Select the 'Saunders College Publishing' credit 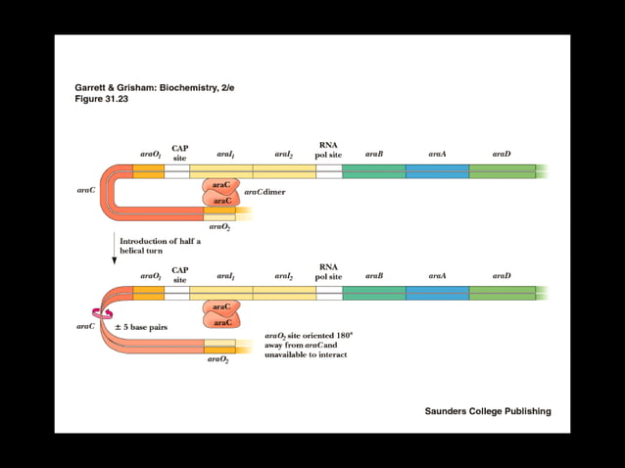[487, 411]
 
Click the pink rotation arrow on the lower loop [100, 313]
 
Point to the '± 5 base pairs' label [141, 326]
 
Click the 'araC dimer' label [264, 193]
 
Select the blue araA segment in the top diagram [437, 171]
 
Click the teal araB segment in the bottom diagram [373, 293]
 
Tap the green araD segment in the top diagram [502, 171]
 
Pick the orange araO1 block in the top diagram [149, 171]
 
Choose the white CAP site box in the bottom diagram [177, 293]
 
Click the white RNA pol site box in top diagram [329, 171]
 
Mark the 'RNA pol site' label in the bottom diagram [328, 271]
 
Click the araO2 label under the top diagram [219, 226]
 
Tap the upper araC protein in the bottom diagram [221, 307]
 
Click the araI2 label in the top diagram [284, 154]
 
